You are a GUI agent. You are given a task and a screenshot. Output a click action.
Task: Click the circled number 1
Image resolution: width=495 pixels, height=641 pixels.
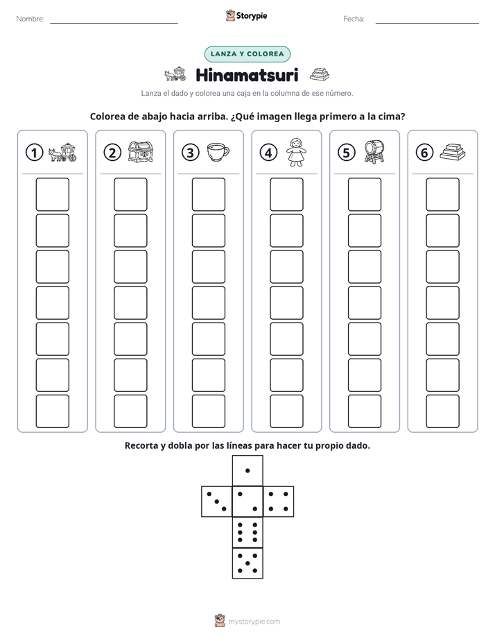(x=34, y=153)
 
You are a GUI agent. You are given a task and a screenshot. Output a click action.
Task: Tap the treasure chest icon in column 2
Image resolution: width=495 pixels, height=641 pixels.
(x=141, y=152)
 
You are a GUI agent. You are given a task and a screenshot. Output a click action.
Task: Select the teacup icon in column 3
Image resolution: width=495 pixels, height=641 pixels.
(x=218, y=152)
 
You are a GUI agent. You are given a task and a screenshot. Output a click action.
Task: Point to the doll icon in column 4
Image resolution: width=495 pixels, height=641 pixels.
(x=296, y=152)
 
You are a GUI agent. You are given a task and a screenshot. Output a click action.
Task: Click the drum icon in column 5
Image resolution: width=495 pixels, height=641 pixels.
(x=374, y=152)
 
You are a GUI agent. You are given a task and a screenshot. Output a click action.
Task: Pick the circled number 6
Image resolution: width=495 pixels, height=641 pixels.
(x=424, y=153)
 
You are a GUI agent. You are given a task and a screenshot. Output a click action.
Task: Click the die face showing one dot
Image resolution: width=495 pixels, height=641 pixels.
(x=247, y=471)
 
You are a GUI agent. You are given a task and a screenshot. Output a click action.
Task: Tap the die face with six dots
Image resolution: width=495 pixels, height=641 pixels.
(x=247, y=532)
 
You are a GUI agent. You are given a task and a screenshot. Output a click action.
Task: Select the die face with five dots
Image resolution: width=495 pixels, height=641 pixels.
(x=247, y=563)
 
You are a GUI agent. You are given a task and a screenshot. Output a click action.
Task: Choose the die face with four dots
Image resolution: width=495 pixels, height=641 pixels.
(x=279, y=502)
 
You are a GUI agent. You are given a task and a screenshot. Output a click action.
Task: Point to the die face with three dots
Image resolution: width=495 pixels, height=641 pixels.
(x=217, y=502)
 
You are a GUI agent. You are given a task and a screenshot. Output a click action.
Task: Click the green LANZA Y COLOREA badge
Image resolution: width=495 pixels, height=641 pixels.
(x=247, y=54)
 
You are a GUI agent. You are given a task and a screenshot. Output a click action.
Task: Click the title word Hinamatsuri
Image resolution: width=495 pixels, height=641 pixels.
(x=247, y=75)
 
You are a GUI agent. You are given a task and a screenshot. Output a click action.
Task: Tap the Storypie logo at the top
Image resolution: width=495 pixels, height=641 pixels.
(x=246, y=16)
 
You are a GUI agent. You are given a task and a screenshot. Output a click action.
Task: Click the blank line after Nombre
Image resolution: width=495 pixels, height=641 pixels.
(x=114, y=23)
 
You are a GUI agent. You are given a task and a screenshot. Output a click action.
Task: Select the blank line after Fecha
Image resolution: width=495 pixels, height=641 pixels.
(x=427, y=23)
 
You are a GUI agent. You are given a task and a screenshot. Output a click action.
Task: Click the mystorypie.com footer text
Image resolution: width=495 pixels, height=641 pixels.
(x=254, y=622)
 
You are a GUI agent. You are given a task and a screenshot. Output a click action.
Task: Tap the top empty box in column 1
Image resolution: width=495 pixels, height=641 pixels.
(x=52, y=194)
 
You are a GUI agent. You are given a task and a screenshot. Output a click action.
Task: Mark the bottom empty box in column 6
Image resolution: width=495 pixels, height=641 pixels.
(x=443, y=411)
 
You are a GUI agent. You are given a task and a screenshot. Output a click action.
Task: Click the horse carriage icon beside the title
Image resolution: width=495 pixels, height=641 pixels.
(x=175, y=74)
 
